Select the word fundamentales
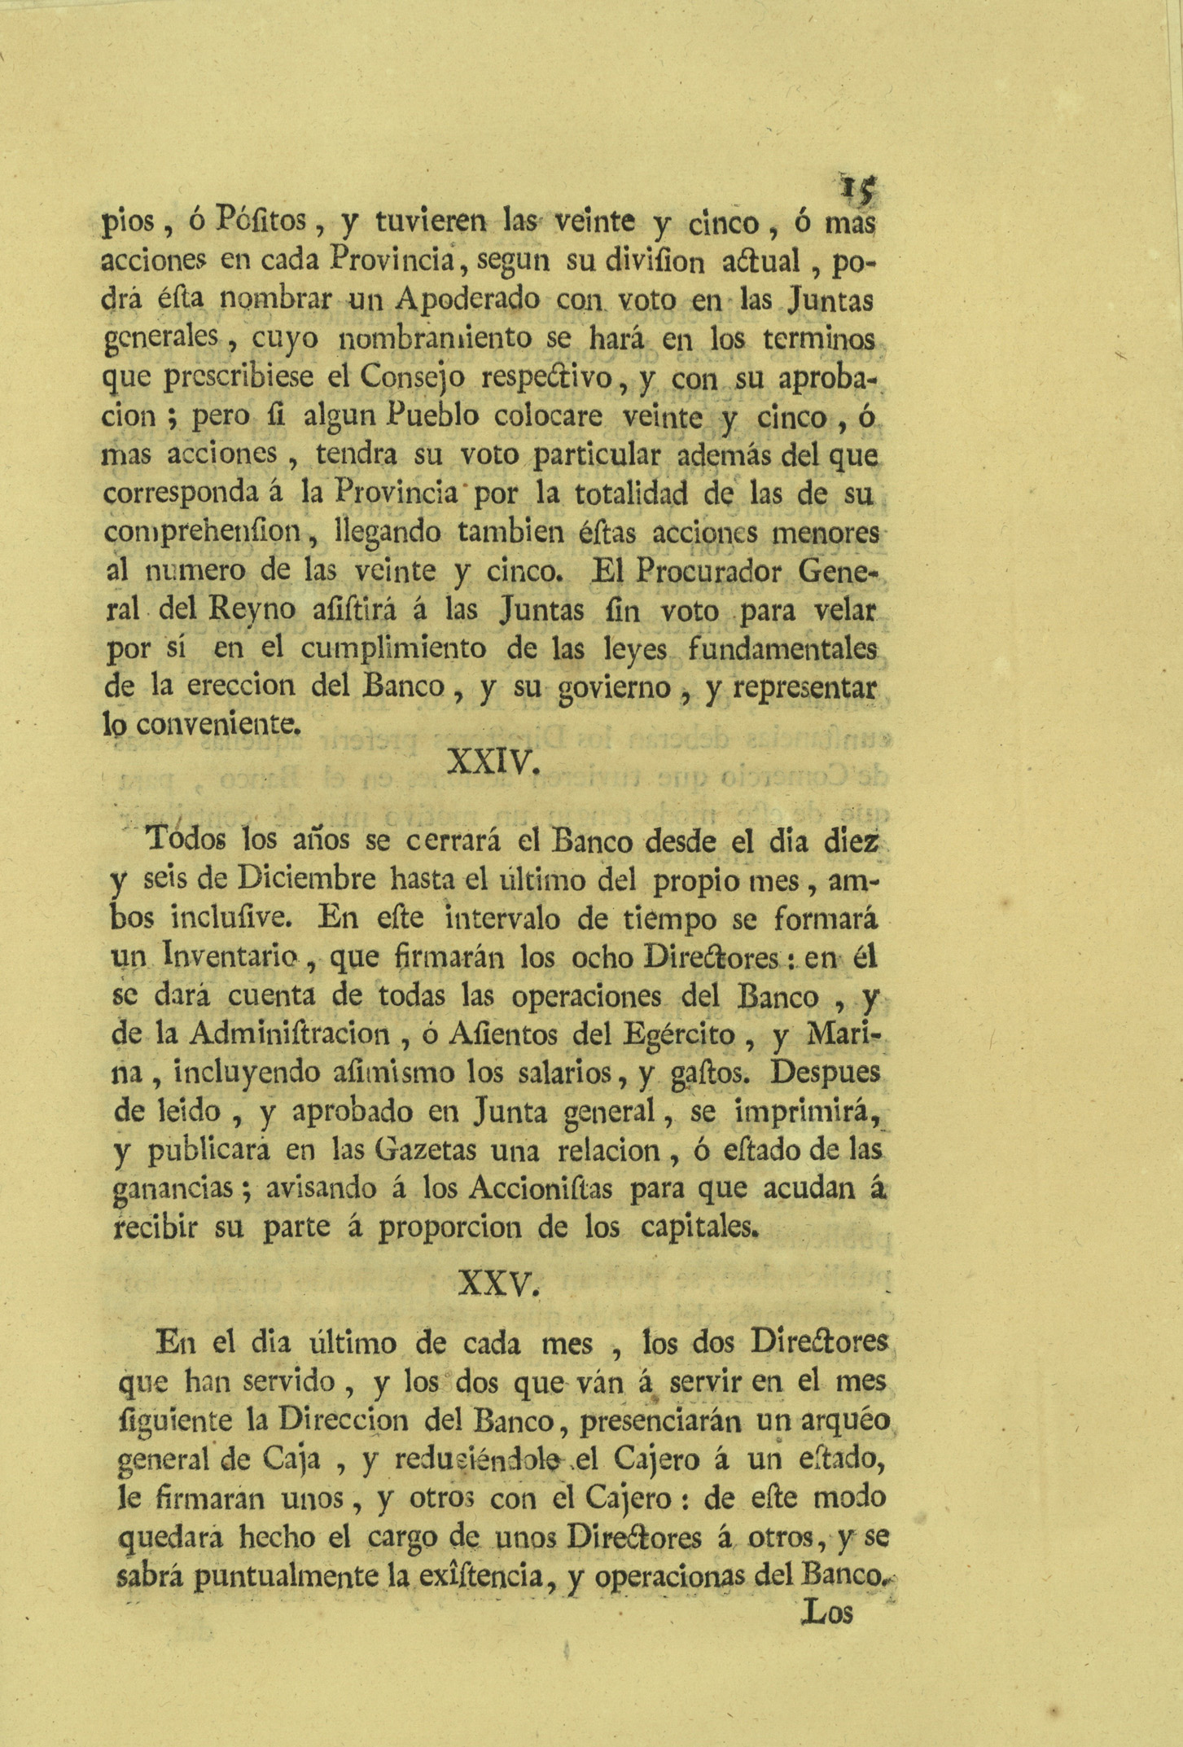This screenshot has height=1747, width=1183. (782, 649)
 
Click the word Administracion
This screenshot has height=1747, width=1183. (289, 1034)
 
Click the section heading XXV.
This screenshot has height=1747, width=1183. (497, 1284)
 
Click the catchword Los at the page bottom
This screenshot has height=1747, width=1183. (827, 1613)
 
